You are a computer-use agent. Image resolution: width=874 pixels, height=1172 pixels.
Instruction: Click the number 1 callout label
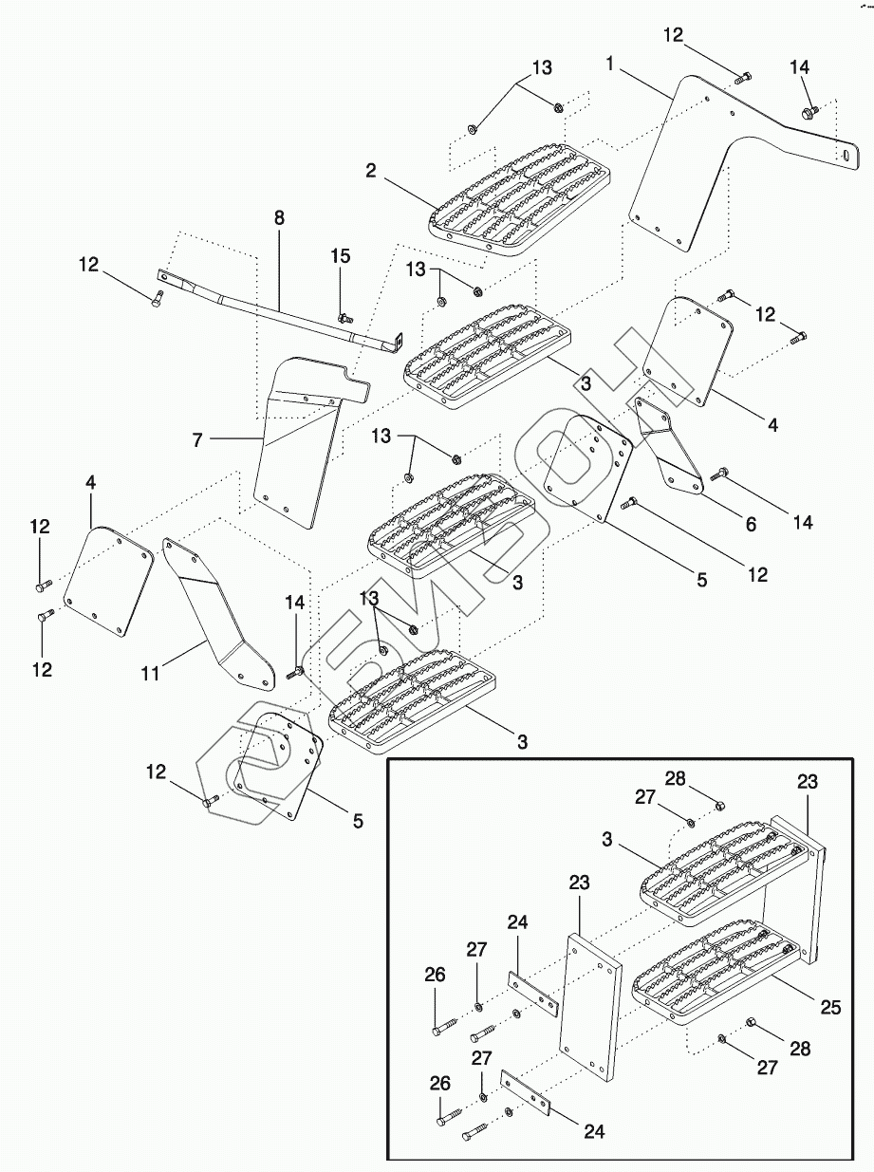610,64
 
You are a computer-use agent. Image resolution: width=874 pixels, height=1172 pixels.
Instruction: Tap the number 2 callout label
371,171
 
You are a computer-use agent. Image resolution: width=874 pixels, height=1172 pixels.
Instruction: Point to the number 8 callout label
279,217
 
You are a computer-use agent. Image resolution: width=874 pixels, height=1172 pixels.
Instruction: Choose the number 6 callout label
750,523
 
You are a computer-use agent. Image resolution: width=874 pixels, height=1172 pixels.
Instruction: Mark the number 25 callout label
830,1008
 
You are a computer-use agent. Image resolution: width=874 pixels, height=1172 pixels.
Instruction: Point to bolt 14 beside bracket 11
294,672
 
